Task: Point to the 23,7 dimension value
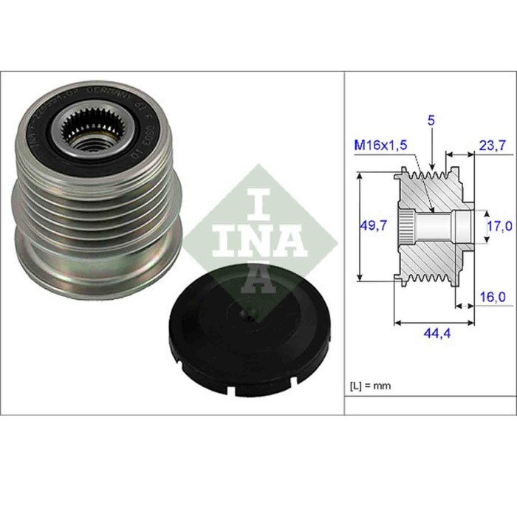click(x=492, y=146)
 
